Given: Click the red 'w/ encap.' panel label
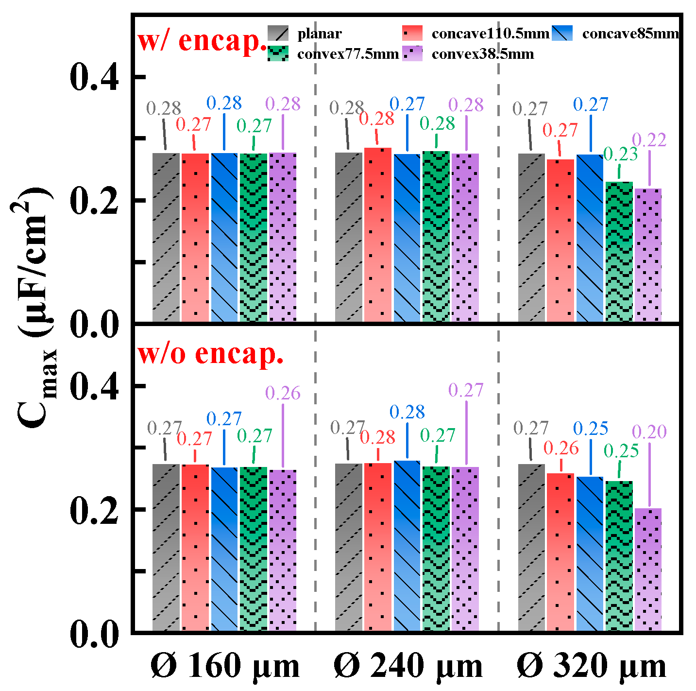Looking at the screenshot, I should (202, 41).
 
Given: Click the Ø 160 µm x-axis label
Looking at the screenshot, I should (225, 666).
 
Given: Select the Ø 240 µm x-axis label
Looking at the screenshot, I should (408, 666).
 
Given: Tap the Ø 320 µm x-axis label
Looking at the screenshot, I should (591, 666).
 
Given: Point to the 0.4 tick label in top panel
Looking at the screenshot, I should (94, 78).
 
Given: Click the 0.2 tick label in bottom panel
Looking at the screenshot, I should (94, 510).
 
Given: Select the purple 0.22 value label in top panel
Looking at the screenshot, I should (649, 140).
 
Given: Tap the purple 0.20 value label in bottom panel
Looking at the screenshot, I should (649, 432).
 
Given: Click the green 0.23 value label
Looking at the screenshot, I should (620, 155).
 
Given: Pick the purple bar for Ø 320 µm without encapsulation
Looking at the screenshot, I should (648, 570).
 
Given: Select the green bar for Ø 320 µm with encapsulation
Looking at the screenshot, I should (619, 251).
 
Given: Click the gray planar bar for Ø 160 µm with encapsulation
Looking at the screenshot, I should (166, 237).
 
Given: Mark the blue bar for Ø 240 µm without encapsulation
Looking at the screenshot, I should (407, 545).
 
